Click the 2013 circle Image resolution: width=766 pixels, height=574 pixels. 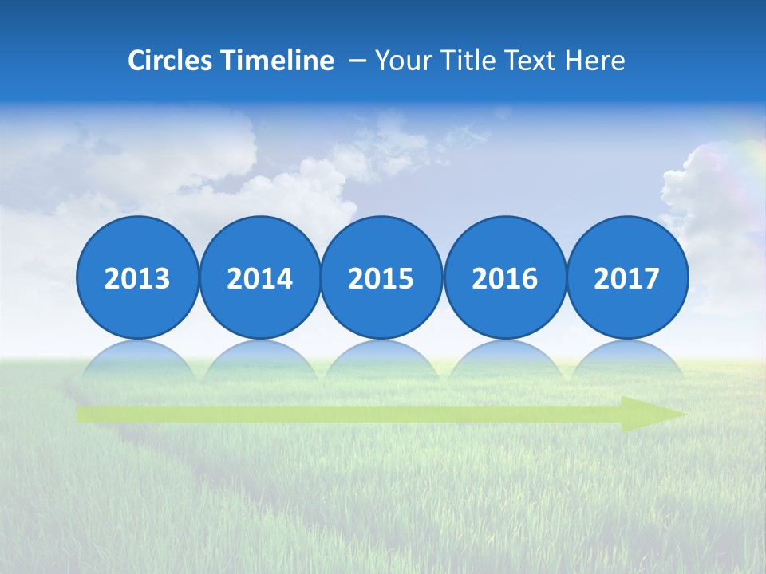[x=137, y=278]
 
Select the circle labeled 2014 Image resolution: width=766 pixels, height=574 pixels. [x=260, y=278]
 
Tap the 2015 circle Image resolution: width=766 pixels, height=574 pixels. [x=381, y=278]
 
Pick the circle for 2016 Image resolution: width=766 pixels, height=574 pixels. [x=505, y=278]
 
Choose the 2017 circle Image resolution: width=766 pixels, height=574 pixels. [x=627, y=278]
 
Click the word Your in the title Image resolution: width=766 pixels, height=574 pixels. [x=400, y=61]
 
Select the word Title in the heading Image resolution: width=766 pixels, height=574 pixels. [x=459, y=61]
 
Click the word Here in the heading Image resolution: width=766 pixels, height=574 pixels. [x=594, y=61]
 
